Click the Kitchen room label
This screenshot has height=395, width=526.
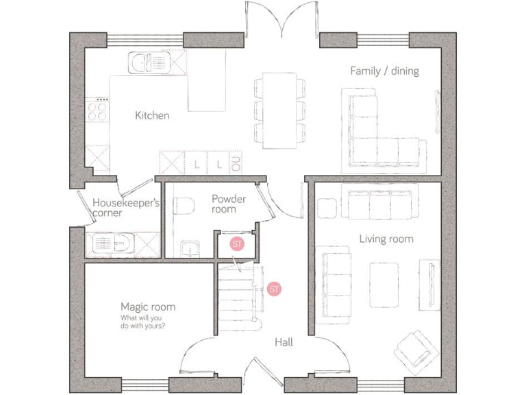point(151,115)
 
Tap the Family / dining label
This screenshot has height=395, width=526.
point(384,71)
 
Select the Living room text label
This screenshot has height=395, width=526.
point(386,239)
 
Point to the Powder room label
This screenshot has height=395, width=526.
point(228,204)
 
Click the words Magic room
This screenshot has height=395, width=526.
point(148,307)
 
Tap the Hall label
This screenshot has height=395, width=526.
point(284,342)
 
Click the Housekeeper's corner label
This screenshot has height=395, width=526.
point(126,208)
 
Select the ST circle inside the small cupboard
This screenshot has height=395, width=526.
point(237,244)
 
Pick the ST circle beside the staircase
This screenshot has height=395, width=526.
point(275,289)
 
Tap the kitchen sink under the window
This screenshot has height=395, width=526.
point(147,62)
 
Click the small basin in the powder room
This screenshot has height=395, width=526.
point(190,246)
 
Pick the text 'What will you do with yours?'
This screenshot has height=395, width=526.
point(148,322)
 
